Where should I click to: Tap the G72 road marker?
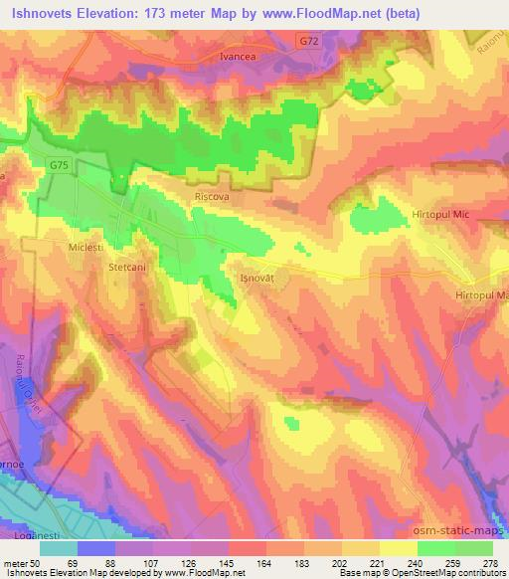tap(308, 40)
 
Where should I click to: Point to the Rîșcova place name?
tap(212, 197)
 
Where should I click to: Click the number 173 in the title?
tap(186, 13)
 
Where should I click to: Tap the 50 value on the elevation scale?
tap(38, 561)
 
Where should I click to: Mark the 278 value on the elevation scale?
tap(491, 561)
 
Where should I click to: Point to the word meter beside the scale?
tap(14, 561)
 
